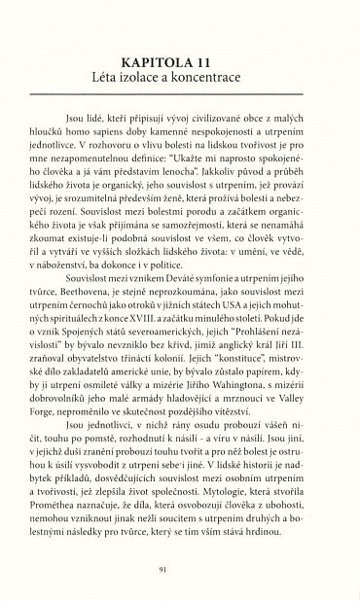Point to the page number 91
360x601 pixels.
pyautogui.click(x=180, y=570)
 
